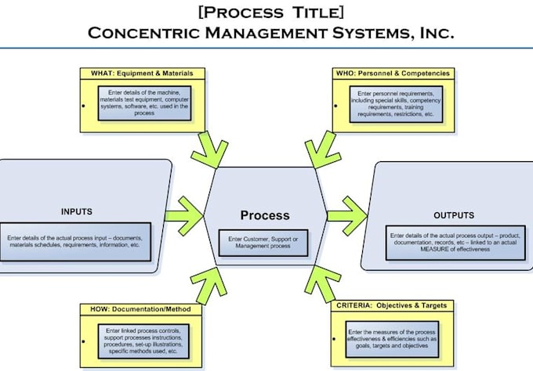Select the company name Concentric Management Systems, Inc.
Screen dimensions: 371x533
tap(270, 33)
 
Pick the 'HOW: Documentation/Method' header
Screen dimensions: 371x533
tap(141, 309)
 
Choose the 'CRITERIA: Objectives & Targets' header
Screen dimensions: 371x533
tap(392, 304)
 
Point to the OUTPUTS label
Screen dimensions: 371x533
tap(454, 214)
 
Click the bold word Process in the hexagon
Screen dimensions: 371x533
tap(264, 215)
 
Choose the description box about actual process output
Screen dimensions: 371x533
tap(452, 242)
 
